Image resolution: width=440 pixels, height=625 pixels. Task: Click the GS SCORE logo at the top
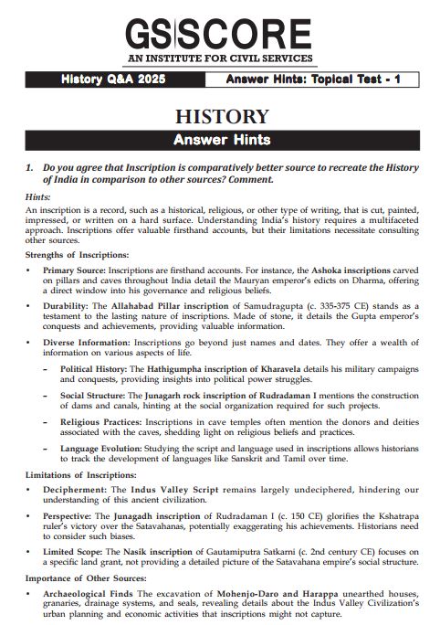pos(219,29)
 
